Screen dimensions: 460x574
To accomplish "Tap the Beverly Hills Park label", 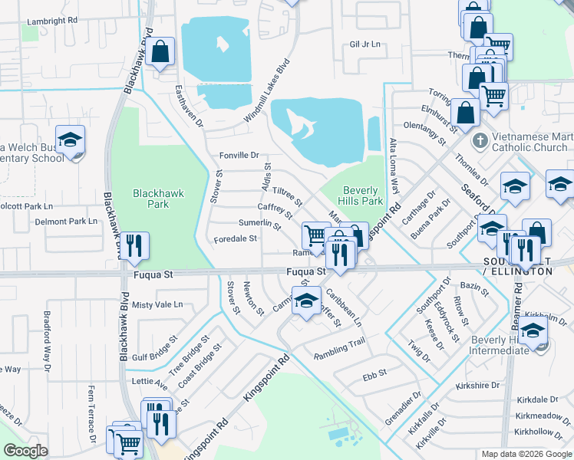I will pyautogui.click(x=361, y=195).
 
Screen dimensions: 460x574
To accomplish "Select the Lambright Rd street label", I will pyautogui.click(x=52, y=21).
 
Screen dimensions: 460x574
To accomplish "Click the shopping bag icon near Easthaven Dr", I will pyautogui.click(x=162, y=53).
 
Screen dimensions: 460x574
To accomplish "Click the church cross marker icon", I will pyautogui.click(x=480, y=141).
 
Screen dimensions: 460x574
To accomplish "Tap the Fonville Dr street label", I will pyautogui.click(x=239, y=155).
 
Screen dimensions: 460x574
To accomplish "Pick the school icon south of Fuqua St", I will pyautogui.click(x=306, y=300).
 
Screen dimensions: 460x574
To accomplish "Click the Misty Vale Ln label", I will pyautogui.click(x=157, y=304).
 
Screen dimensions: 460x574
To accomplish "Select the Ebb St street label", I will pyautogui.click(x=374, y=378).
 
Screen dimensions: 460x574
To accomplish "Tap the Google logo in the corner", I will pyautogui.click(x=25, y=451).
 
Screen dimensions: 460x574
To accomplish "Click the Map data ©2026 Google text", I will pyautogui.click(x=526, y=454).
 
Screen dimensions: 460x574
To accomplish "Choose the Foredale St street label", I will pyautogui.click(x=235, y=238).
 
